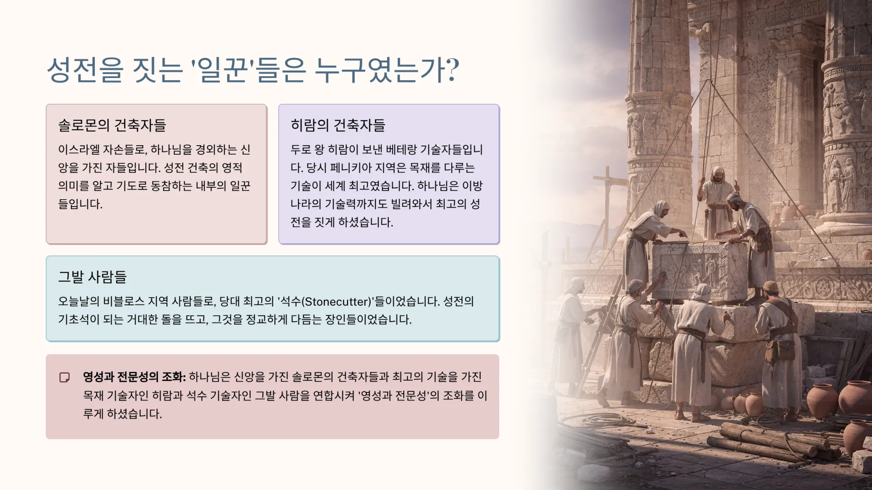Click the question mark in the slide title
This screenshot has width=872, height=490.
click(x=450, y=70)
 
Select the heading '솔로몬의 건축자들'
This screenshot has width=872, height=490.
click(x=112, y=125)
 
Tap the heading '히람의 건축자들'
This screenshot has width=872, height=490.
click(x=338, y=125)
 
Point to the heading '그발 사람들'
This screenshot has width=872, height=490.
click(x=92, y=277)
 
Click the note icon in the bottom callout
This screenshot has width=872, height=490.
click(x=64, y=377)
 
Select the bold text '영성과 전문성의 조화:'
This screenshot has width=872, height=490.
click(x=134, y=377)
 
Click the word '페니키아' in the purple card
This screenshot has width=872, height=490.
click(x=355, y=168)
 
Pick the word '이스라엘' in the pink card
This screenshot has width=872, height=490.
click(x=79, y=150)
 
